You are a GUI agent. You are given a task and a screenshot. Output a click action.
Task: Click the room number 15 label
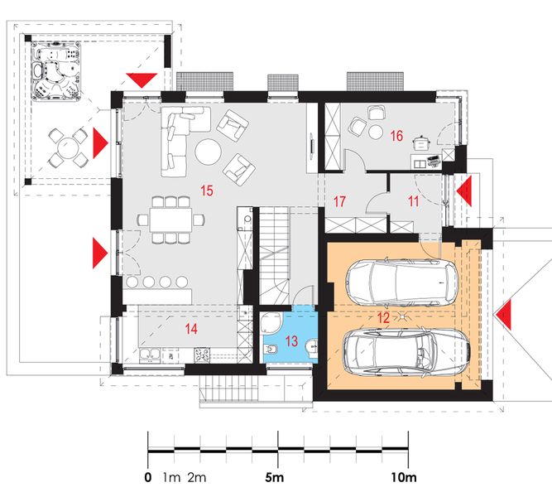tap(207, 191)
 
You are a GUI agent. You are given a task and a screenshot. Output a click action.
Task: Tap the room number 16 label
tap(396, 136)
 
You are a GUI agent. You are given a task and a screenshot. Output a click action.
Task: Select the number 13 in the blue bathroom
tap(291, 340)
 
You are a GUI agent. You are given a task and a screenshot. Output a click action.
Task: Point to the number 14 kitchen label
tap(191, 329)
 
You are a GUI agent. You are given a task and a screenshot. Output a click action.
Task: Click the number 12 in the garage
tap(383, 317)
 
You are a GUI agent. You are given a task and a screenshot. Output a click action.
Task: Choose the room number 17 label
tap(339, 201)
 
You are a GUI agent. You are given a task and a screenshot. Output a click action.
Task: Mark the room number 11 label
tap(413, 201)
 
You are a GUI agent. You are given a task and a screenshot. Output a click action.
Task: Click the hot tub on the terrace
tap(56, 71)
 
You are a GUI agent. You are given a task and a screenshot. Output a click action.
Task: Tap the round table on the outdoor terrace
tap(67, 147)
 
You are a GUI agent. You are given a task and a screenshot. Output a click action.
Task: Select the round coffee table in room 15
tap(209, 152)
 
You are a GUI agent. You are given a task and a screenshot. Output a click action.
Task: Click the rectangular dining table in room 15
tap(170, 220)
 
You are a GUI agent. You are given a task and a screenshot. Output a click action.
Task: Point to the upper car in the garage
tap(401, 282)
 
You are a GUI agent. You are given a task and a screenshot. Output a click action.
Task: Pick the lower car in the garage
tap(406, 351)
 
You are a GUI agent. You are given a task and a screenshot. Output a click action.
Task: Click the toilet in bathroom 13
tap(271, 350)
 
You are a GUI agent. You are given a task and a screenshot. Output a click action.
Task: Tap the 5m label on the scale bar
tap(274, 478)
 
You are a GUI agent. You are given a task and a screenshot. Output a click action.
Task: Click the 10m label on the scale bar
tap(404, 478)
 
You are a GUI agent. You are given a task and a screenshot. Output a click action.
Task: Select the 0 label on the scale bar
tap(148, 478)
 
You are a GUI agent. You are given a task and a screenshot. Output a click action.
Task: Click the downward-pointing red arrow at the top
tap(142, 80)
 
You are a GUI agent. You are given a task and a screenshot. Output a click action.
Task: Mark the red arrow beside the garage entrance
tap(502, 315)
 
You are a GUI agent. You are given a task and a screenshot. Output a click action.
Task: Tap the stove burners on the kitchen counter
tap(202, 355)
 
